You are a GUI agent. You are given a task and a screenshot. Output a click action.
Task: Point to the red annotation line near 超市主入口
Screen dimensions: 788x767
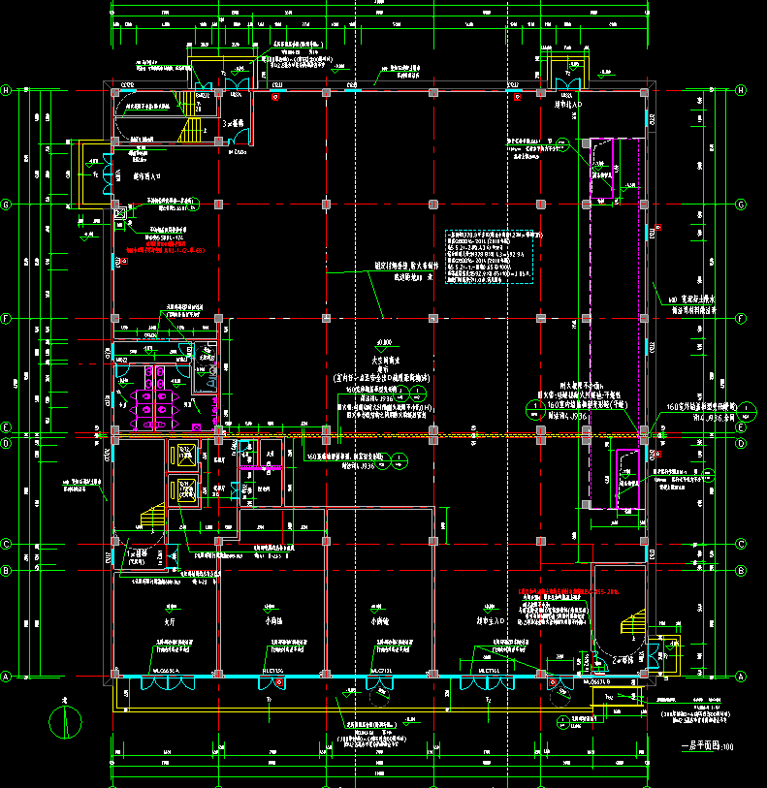[568, 590]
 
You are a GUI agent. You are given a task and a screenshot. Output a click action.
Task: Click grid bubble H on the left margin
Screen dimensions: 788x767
[7, 90]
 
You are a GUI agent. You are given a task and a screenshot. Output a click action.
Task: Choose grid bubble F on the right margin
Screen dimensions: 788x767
[741, 318]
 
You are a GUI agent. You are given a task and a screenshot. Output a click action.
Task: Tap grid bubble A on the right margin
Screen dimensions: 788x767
[741, 677]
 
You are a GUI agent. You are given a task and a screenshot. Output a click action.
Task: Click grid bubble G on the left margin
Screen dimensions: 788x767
[7, 205]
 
